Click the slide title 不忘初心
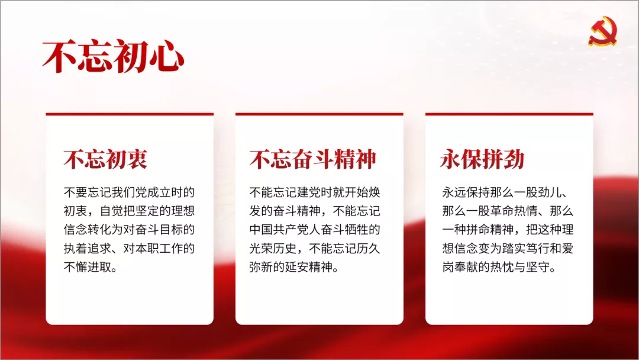(x=113, y=56)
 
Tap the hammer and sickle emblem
(x=603, y=31)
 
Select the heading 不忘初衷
(x=105, y=159)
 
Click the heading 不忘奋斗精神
(x=312, y=159)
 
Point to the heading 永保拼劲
(x=482, y=159)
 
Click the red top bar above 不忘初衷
(x=130, y=114)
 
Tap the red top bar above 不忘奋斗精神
(x=319, y=114)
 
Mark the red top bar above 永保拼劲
(x=509, y=114)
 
